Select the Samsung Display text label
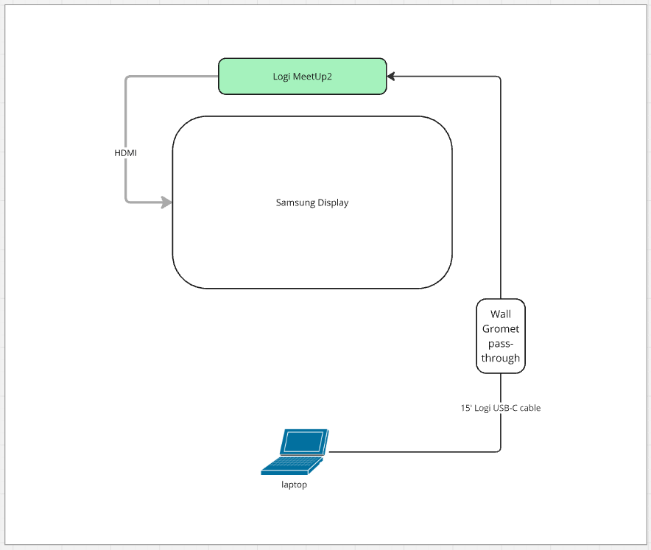[312, 202]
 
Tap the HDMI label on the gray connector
[125, 152]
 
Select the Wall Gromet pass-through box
[501, 336]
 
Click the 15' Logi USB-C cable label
[500, 407]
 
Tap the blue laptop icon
[295, 451]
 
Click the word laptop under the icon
[294, 484]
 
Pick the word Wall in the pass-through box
[501, 314]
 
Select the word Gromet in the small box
[501, 328]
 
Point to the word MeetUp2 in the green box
[314, 77]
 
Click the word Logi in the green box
[281, 77]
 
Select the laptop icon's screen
[303, 442]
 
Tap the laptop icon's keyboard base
[292, 465]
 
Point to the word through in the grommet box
[501, 358]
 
